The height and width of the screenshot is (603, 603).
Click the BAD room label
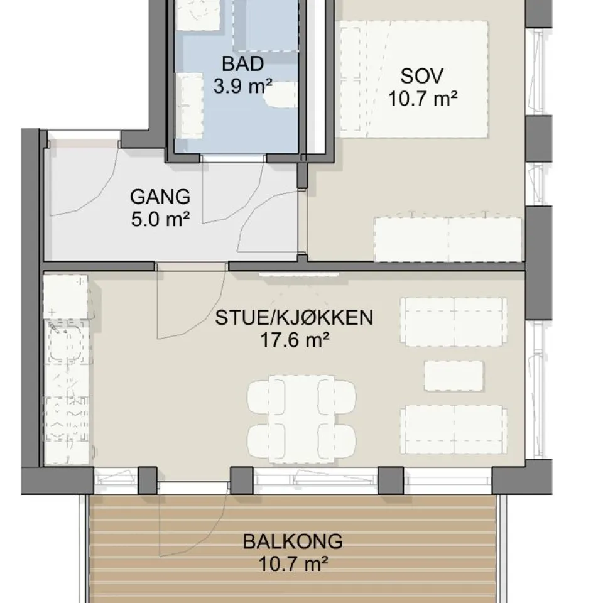242,64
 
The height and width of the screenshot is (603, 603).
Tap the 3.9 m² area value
242,86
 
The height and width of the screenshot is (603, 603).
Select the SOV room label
422,76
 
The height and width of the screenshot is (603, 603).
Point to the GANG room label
160,197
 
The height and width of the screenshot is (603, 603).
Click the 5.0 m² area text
160,220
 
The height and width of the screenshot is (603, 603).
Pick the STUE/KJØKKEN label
294,318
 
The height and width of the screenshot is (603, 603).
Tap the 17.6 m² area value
295,340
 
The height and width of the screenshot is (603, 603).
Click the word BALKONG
293,541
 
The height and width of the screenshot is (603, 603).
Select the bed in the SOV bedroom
414,79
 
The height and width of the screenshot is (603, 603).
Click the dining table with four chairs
301,418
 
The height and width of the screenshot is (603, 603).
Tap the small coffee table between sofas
454,376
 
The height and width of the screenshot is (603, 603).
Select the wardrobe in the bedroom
448,239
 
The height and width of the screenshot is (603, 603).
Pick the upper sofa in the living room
454,322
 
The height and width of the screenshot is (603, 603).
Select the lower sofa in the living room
454,429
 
